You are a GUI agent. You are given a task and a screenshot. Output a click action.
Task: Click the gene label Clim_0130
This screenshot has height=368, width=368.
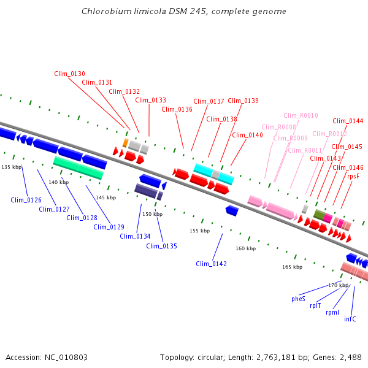pyautogui.click(x=69, y=74)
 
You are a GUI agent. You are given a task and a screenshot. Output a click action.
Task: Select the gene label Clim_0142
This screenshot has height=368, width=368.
pyautogui.click(x=211, y=264)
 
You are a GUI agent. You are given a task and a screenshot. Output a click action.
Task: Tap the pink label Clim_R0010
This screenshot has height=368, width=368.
pyautogui.click(x=301, y=115)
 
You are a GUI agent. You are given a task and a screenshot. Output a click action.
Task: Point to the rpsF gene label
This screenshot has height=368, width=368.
pyautogui.click(x=353, y=176)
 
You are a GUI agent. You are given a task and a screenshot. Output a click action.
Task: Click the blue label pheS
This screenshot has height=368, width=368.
pyautogui.click(x=298, y=299)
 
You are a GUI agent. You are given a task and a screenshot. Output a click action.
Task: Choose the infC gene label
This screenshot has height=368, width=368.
pyautogui.click(x=350, y=319)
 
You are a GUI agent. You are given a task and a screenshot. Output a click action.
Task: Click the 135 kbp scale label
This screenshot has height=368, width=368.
pyautogui.click(x=11, y=167)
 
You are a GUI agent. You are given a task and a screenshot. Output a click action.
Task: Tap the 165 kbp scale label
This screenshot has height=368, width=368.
pyautogui.click(x=292, y=267)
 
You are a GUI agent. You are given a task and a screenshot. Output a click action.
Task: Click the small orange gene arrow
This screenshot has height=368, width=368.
pyautogui.click(x=125, y=143)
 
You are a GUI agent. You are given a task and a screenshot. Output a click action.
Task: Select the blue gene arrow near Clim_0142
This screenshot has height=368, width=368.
pyautogui.click(x=232, y=210)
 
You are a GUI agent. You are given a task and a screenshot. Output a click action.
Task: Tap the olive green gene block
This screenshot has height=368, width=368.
pyautogui.click(x=319, y=214)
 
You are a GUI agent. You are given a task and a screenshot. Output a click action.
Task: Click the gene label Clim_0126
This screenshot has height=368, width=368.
pyautogui.click(x=26, y=200)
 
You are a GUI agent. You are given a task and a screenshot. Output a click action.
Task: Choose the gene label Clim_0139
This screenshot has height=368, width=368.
pyautogui.click(x=243, y=101)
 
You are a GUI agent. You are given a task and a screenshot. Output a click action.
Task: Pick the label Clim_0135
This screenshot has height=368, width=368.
pyautogui.click(x=161, y=246)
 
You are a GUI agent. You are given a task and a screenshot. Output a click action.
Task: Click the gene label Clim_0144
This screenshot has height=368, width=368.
pyautogui.click(x=348, y=121)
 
